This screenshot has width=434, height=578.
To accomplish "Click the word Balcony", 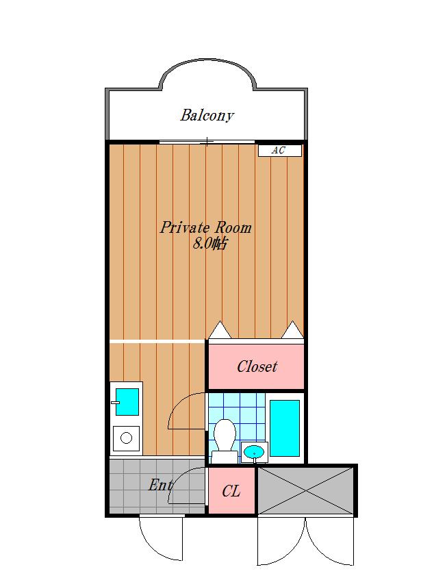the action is point(207,115).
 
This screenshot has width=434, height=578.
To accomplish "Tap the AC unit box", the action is point(279,151).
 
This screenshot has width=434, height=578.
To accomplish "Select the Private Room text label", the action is point(205,227).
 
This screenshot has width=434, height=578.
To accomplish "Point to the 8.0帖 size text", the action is point(209,244).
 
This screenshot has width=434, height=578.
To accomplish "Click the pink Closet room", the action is point(257,366).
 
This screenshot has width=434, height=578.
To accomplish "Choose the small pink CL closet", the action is point(232,490).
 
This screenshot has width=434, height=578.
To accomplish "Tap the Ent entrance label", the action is point(160,485).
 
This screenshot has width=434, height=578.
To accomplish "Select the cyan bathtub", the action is point(284,428).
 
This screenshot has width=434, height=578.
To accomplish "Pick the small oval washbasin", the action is point(254,451).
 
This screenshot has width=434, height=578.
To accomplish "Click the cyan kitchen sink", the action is point(127,402).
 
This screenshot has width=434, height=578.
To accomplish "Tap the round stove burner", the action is point(126,438).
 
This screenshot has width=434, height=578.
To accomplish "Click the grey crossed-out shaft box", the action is point(306,490).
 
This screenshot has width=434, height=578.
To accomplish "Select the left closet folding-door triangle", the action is point(220,329).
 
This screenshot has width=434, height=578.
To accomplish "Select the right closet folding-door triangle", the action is point(293,329).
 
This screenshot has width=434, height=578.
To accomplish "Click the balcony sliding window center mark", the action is point(207,142).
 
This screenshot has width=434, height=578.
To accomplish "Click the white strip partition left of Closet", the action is point(157,342).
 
